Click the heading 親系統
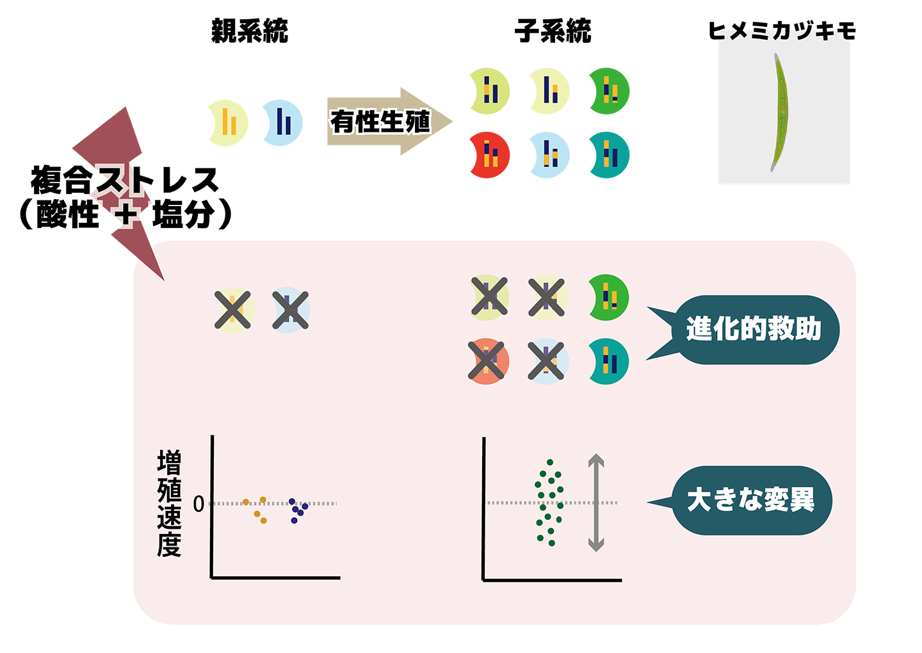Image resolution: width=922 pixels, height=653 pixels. (250, 31)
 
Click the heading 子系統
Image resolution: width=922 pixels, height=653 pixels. (553, 31)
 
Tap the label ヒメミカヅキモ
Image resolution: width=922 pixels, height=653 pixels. (782, 31)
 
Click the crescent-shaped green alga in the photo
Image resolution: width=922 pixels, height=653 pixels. (780, 112)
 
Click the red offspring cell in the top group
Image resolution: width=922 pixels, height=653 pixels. (489, 155)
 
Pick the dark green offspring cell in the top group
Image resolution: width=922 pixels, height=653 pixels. (609, 91)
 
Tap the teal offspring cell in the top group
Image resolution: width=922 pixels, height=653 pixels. (609, 155)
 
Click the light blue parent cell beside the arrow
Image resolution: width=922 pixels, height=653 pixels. (282, 122)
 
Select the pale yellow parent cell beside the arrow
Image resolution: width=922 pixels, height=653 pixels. (228, 122)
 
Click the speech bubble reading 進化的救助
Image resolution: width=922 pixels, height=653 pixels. (753, 330)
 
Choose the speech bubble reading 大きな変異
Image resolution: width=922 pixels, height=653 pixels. (750, 500)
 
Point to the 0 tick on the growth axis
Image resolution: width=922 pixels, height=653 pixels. (198, 504)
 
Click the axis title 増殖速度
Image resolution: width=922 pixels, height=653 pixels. (169, 503)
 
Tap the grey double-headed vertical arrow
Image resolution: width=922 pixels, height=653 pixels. (596, 502)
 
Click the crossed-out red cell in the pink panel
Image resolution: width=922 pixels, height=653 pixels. (488, 361)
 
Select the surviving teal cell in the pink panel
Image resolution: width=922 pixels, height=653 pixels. (608, 362)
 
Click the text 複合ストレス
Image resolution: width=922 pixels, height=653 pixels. (125, 180)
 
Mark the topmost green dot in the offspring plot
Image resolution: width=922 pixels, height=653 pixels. (550, 462)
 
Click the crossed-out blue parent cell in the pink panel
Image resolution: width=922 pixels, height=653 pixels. (291, 310)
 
